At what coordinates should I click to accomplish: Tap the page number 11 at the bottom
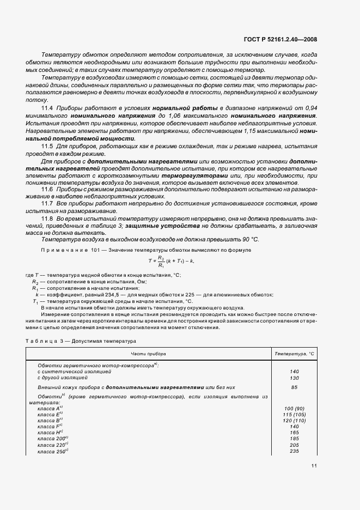[314, 466]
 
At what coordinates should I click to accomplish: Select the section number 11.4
[47, 108]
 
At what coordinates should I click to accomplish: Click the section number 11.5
[47, 147]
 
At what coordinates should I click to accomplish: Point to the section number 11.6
[47, 189]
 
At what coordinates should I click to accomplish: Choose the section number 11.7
[47, 203]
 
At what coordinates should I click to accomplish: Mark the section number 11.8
[47, 217]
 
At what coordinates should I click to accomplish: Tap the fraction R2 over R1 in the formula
[160, 261]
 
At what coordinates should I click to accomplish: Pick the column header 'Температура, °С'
[295, 354]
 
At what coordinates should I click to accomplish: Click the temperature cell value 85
[295, 387]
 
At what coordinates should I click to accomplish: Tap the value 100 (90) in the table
[295, 408]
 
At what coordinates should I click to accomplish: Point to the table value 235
[295, 451]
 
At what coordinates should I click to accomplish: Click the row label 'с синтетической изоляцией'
[71, 371]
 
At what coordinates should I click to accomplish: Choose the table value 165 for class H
[295, 432]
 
